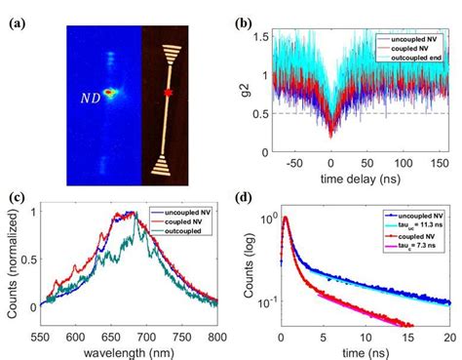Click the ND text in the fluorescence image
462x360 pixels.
coord(91,97)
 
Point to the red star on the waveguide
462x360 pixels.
coord(168,94)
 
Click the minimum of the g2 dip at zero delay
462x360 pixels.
coord(331,137)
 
